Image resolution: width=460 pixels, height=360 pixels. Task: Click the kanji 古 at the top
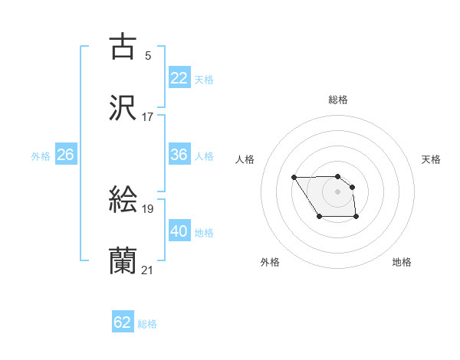123,47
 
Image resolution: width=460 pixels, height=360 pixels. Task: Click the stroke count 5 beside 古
147,55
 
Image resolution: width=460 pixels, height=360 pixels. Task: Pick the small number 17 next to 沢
147,117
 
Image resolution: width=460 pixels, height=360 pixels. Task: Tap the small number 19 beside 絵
147,208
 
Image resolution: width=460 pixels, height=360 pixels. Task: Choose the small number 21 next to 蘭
147,270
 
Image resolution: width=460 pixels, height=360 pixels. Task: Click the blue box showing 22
179,77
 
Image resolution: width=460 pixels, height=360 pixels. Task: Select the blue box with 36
179,155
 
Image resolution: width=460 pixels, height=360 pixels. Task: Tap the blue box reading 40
179,231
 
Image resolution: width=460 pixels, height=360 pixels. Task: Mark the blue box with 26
65,155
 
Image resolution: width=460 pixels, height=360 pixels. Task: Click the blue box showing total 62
123,322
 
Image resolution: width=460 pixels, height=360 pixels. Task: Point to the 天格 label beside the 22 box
204,79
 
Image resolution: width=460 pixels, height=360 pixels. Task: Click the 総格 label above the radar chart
338,100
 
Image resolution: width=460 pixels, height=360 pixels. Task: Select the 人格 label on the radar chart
245,159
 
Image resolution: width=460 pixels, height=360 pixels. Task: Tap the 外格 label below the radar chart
270,262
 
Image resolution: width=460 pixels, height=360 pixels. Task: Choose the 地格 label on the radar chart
402,262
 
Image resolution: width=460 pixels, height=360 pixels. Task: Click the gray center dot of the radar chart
337,191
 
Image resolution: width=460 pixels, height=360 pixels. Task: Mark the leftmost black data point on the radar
294,178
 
